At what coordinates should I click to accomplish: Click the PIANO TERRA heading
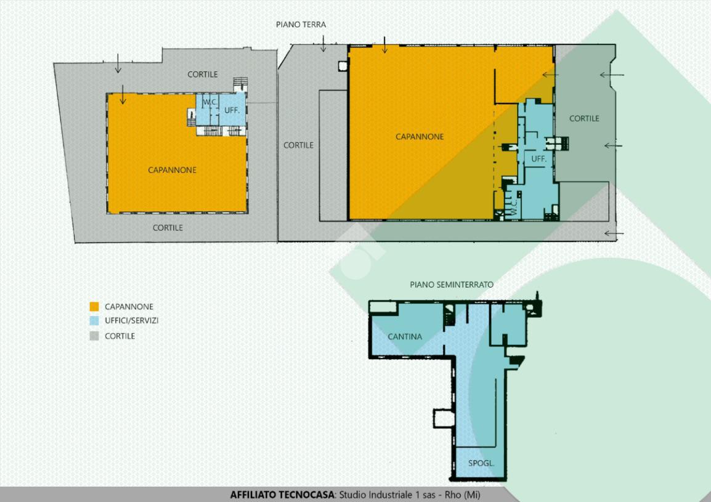(301, 25)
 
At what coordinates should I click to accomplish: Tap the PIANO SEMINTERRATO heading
(452, 285)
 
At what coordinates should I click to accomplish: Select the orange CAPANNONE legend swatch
(94, 307)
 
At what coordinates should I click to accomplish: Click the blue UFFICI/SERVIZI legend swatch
(94, 321)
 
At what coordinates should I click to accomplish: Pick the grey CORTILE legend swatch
(94, 336)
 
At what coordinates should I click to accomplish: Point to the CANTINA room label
(405, 336)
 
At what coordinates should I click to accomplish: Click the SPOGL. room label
(481, 463)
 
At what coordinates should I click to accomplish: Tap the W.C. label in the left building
(209, 102)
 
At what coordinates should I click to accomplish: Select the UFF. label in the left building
(232, 110)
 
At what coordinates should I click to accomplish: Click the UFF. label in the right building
(538, 159)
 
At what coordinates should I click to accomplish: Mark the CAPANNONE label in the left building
(173, 170)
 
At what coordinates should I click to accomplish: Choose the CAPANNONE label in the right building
(420, 137)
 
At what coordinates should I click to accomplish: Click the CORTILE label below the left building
(168, 228)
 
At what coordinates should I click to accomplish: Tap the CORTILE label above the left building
(203, 75)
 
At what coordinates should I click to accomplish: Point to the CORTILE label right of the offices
(584, 118)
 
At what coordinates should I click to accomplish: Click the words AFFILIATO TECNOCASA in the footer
(282, 494)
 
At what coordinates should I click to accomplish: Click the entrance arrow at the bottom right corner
(614, 233)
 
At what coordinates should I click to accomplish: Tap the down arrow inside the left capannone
(123, 94)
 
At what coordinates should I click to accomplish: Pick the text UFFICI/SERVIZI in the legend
(131, 321)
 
